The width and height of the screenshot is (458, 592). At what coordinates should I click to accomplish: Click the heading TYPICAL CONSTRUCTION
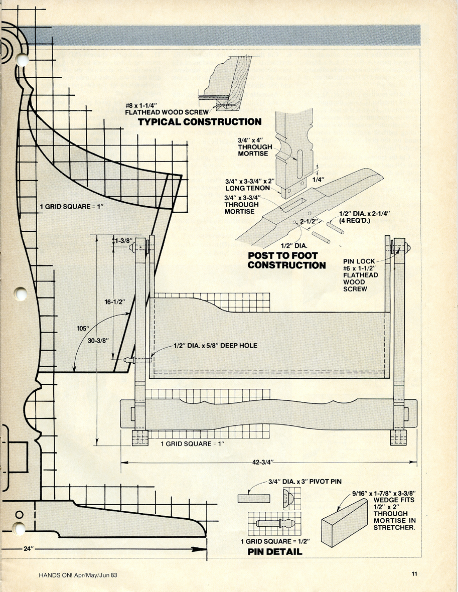[x=199, y=122]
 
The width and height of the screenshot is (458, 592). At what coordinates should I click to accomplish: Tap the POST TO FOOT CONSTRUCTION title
[x=286, y=260]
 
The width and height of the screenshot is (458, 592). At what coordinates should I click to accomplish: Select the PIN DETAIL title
[x=275, y=551]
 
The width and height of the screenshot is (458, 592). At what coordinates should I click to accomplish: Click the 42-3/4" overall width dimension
[x=263, y=462]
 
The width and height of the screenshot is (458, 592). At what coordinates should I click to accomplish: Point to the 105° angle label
[x=83, y=328]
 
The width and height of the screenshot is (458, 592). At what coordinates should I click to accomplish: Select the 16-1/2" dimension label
[x=114, y=302]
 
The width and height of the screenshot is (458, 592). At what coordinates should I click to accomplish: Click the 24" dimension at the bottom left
[x=29, y=548]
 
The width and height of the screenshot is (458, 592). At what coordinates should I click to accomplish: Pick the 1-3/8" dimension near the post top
[x=124, y=240]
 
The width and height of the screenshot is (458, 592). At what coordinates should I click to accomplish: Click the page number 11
[x=414, y=574]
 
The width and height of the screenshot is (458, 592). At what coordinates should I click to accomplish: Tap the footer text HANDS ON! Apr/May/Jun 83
[x=78, y=575]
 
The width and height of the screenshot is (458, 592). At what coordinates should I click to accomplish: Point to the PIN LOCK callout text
[x=359, y=261]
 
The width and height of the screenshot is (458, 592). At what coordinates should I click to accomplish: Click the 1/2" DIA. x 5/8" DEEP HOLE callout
[x=215, y=346]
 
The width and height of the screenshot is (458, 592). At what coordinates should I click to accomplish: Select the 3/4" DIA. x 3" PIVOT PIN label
[x=304, y=482]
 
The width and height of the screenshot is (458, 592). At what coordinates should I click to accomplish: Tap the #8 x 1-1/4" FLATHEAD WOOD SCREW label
[x=167, y=108]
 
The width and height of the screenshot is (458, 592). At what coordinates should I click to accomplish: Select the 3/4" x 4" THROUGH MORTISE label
[x=255, y=147]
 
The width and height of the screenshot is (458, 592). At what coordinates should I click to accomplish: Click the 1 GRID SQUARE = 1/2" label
[x=275, y=541]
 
